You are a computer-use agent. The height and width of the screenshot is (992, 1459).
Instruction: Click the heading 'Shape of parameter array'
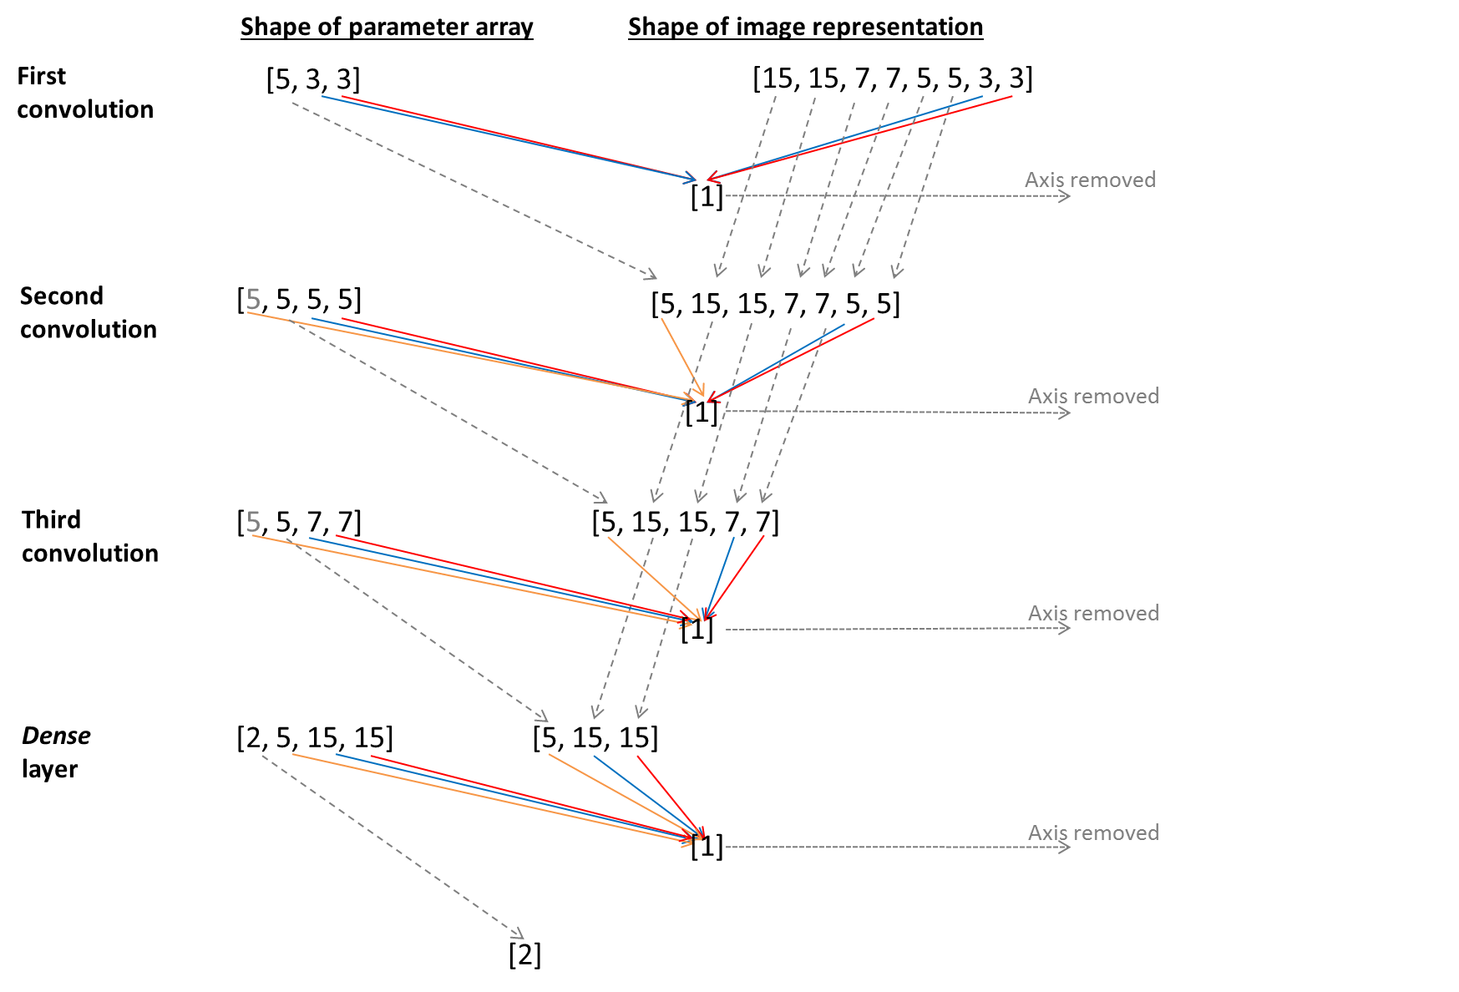(x=387, y=27)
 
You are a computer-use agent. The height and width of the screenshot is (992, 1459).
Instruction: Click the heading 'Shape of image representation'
(x=805, y=27)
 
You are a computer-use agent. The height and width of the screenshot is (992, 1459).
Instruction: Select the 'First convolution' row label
(x=84, y=93)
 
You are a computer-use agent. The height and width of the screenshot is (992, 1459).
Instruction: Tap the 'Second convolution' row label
(x=88, y=312)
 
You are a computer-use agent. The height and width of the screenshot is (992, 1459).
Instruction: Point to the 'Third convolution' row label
(x=89, y=536)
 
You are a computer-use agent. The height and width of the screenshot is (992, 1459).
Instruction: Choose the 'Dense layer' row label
(x=56, y=752)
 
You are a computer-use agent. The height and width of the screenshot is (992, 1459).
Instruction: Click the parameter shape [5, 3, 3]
(x=313, y=79)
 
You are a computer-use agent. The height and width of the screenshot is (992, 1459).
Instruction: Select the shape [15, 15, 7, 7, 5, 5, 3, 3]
(x=892, y=78)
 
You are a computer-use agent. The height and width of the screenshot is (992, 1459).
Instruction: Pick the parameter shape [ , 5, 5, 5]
(x=299, y=299)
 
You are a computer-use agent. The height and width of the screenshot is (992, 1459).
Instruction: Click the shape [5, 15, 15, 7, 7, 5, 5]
(x=775, y=304)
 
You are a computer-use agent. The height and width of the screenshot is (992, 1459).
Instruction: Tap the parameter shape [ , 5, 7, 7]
(x=299, y=522)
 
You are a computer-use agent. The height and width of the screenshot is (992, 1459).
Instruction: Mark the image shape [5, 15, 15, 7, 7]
(x=685, y=522)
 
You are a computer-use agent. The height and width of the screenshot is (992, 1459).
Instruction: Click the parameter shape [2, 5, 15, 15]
(x=315, y=737)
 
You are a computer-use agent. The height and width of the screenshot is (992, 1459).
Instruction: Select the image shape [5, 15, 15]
(x=595, y=737)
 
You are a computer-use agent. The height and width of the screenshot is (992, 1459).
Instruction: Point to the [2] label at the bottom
(x=524, y=954)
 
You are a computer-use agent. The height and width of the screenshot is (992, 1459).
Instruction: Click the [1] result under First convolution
(x=707, y=197)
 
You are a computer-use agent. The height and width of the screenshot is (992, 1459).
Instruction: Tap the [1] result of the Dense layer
(x=707, y=846)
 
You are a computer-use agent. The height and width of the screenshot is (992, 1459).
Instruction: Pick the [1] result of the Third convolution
(x=697, y=630)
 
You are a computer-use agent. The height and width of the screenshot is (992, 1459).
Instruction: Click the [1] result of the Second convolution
(x=702, y=412)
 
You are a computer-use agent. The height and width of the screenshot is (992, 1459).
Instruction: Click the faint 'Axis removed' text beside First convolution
(x=1091, y=180)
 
